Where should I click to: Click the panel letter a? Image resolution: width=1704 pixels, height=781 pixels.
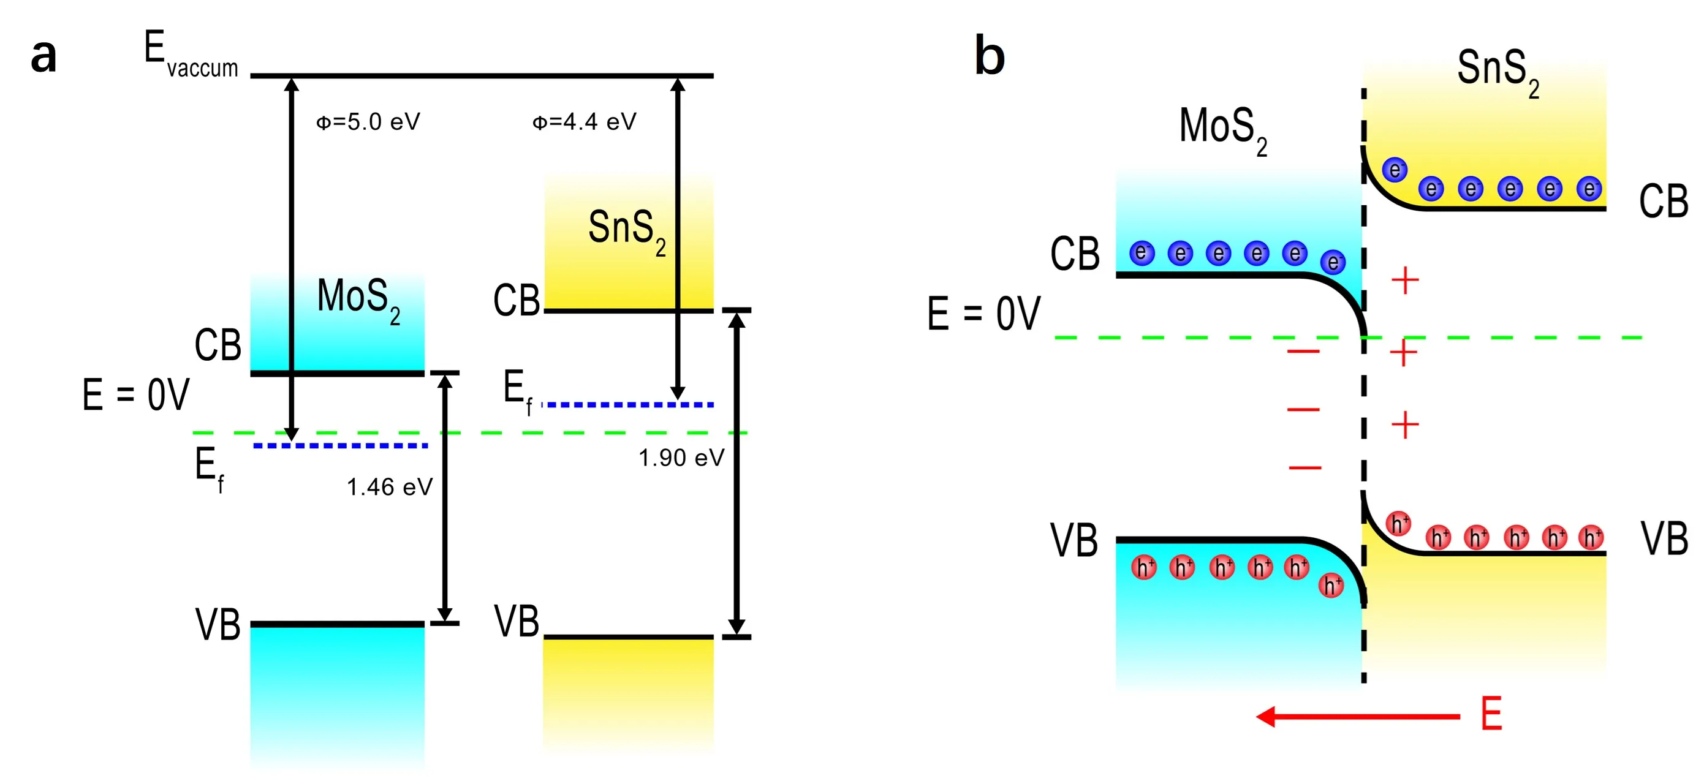pyautogui.click(x=44, y=57)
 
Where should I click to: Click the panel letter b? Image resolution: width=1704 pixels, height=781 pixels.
pyautogui.click(x=990, y=56)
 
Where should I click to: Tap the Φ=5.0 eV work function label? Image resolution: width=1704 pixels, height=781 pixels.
pyautogui.click(x=368, y=123)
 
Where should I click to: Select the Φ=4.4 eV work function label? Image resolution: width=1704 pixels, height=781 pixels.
pyautogui.click(x=584, y=123)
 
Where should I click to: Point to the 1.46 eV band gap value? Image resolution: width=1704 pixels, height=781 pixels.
pyautogui.click(x=390, y=488)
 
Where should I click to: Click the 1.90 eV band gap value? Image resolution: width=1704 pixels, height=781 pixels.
pyautogui.click(x=681, y=458)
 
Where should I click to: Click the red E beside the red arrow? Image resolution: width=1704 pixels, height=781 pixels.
pyautogui.click(x=1491, y=715)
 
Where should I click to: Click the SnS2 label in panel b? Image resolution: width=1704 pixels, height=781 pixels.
pyautogui.click(x=1498, y=72)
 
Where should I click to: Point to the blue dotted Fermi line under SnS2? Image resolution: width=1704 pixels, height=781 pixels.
pyautogui.click(x=629, y=404)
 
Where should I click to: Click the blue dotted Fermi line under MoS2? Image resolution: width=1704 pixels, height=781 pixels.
pyautogui.click(x=340, y=446)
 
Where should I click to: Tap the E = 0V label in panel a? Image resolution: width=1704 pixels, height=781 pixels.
pyautogui.click(x=135, y=395)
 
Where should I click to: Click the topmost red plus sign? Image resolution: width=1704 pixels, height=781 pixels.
pyautogui.click(x=1405, y=281)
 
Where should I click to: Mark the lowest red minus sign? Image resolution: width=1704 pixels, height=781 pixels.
pyautogui.click(x=1305, y=468)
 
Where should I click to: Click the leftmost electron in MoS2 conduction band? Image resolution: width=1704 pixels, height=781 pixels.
pyautogui.click(x=1142, y=252)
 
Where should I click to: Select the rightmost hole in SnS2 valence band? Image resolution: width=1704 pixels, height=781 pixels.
pyautogui.click(x=1591, y=538)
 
